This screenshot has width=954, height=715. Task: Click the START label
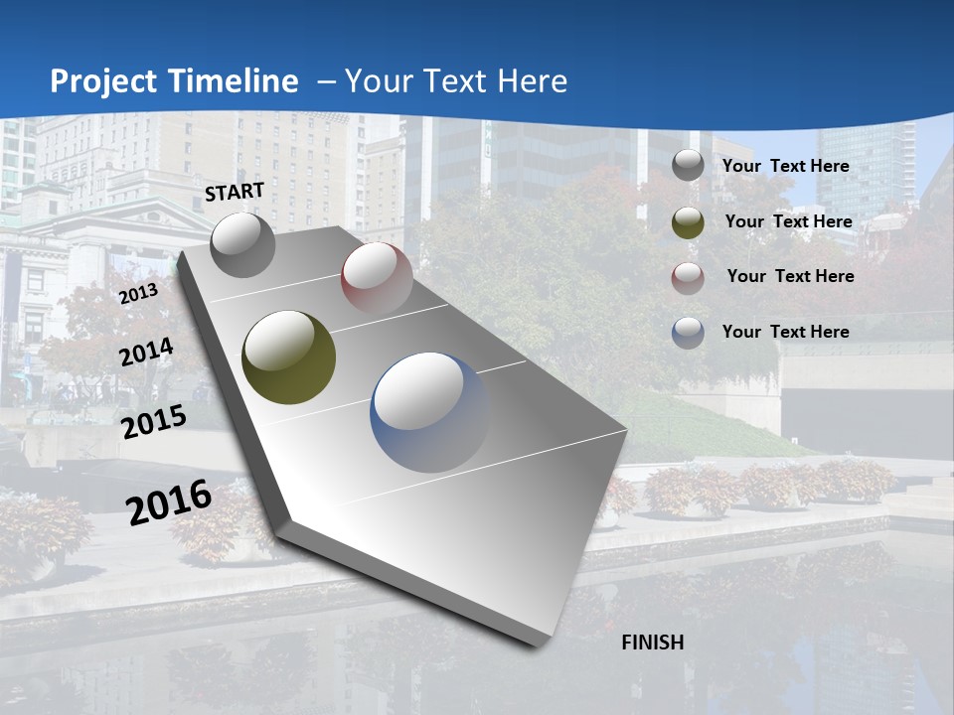click(235, 192)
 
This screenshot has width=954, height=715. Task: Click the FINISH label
click(653, 643)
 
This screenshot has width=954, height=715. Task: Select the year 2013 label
click(138, 294)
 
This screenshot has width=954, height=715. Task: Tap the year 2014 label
click(146, 353)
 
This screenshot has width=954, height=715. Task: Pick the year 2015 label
click(153, 423)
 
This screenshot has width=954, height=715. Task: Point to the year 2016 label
click(169, 501)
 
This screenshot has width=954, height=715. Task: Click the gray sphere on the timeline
click(242, 243)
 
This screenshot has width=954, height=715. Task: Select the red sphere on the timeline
click(377, 277)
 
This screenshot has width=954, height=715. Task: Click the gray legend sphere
click(688, 166)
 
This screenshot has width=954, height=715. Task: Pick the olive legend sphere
click(688, 221)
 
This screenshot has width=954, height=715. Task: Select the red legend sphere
click(688, 277)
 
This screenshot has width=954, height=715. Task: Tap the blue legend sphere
click(688, 333)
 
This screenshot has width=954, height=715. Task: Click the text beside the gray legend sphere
click(786, 166)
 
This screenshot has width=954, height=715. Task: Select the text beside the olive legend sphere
click(788, 221)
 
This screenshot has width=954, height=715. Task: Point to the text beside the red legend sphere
click(790, 276)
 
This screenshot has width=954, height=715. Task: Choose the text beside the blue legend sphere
click(786, 332)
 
